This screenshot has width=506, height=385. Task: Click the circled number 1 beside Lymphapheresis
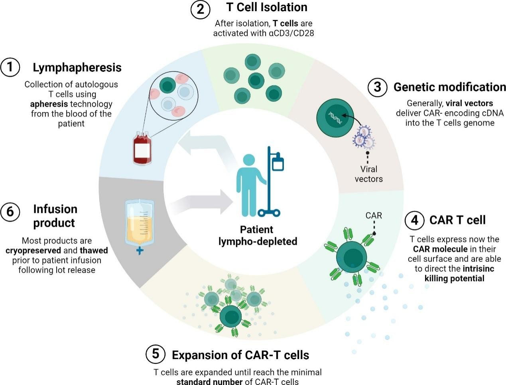(10, 67)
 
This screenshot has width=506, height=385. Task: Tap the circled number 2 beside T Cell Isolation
(200, 9)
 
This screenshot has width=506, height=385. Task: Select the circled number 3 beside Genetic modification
(377, 87)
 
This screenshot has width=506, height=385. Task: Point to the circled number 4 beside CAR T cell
(414, 220)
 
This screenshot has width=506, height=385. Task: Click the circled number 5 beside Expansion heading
(156, 354)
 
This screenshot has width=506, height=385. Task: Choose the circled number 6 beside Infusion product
(10, 211)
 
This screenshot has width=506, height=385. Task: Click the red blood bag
(142, 149)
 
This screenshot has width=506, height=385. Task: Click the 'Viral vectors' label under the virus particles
(368, 174)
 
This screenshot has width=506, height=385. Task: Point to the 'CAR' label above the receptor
(374, 216)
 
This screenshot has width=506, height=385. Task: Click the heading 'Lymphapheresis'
(77, 67)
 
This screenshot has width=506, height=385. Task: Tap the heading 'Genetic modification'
(449, 87)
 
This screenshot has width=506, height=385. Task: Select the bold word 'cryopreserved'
(33, 251)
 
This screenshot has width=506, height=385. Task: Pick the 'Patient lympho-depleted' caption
(257, 236)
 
